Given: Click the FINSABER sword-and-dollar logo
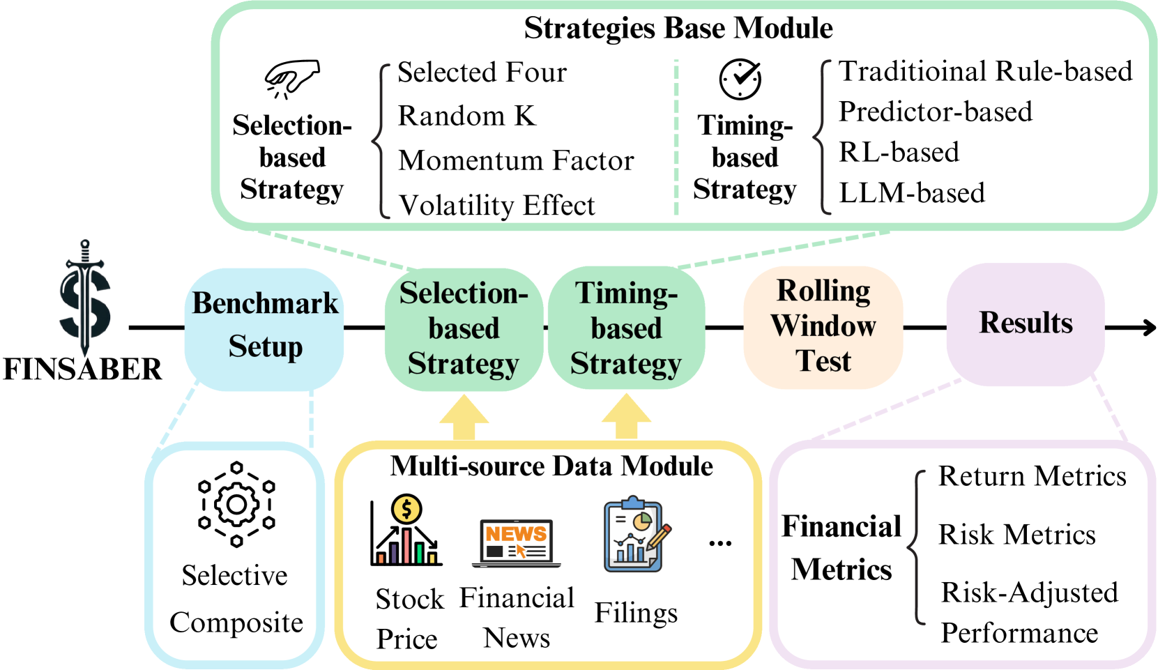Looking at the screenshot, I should pyautogui.click(x=84, y=300).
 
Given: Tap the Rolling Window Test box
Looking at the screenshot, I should pyautogui.click(x=823, y=326).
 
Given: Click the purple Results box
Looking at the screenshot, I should pyautogui.click(x=1025, y=323).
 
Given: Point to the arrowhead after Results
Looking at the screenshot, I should pyautogui.click(x=1147, y=327).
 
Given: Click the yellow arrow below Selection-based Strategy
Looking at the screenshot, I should pyautogui.click(x=464, y=418).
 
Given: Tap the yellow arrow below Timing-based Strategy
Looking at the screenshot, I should pyautogui.click(x=626, y=417).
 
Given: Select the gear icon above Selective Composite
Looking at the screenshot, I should pyautogui.click(x=236, y=504).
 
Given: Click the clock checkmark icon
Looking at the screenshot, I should pyautogui.click(x=740, y=79).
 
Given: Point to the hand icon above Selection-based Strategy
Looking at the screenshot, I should pyautogui.click(x=291, y=78).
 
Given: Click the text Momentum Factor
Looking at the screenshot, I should pyautogui.click(x=516, y=160).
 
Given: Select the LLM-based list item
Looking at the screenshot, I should pyautogui.click(x=912, y=193).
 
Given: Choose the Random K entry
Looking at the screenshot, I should pyautogui.click(x=466, y=116).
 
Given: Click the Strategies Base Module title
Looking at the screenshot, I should pyautogui.click(x=678, y=29).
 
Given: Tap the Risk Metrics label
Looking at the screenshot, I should pyautogui.click(x=1017, y=535).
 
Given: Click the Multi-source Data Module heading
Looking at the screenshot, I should pyautogui.click(x=551, y=466).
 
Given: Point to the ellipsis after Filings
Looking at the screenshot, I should pyautogui.click(x=719, y=543).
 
